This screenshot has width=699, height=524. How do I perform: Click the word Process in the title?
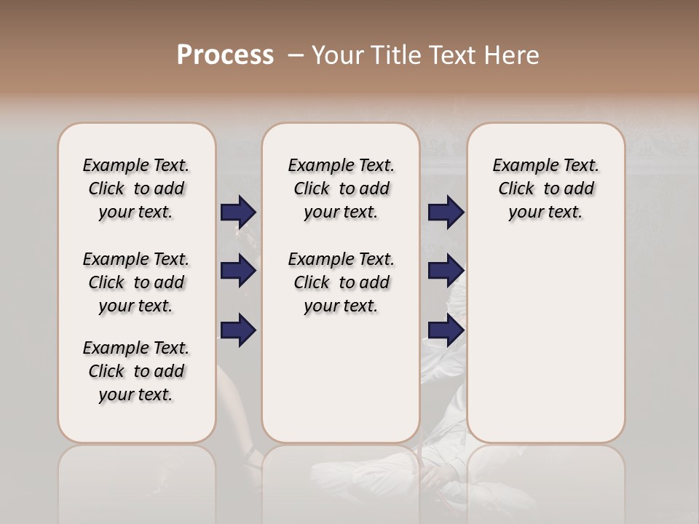225,55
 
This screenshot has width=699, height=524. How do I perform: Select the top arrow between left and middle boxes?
238,213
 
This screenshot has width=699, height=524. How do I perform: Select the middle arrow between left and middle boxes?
238,271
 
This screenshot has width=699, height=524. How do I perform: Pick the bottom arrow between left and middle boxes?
238,330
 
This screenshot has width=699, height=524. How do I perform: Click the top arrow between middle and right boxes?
446,213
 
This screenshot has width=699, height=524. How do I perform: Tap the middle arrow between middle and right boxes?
446,271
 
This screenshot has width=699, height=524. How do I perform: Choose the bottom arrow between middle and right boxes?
446,330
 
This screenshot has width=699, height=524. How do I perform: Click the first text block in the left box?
136,188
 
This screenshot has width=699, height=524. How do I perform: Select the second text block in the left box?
136,282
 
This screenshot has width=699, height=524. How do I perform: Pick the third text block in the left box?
136,371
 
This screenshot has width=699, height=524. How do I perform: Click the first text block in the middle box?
341,188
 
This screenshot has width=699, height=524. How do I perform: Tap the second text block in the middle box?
341,282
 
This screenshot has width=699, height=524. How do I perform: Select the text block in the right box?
545,188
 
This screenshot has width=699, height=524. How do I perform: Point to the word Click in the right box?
516,189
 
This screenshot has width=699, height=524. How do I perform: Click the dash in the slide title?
296,55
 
